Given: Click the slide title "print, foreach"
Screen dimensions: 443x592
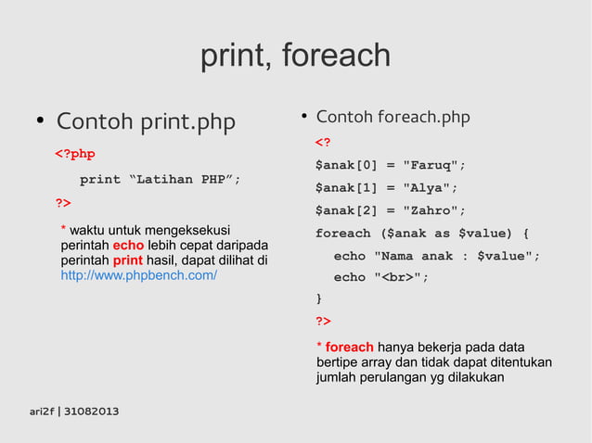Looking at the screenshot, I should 295,57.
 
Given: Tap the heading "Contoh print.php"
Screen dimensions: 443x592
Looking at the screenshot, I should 146,122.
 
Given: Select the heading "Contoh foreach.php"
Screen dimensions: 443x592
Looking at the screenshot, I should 393,118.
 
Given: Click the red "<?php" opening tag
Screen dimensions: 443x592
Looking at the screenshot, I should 74,154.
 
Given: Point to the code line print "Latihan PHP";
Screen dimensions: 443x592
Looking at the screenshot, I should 160,180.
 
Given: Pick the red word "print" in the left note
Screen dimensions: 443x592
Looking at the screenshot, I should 127,260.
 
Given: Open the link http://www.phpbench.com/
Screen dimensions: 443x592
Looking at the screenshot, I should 138,276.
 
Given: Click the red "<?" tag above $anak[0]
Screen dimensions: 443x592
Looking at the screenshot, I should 323,143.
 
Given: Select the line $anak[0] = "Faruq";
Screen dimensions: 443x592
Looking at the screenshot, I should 390,166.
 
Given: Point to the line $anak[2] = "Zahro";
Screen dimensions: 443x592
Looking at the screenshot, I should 390,210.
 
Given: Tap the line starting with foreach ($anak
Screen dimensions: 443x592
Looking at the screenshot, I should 422,233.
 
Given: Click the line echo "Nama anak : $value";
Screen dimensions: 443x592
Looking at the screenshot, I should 436,256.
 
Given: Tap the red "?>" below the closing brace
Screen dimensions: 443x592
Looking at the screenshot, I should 323,322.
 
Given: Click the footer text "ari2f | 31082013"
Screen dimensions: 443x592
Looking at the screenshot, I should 73,411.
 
